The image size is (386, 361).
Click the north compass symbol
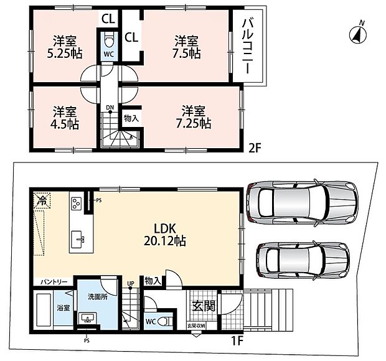358,34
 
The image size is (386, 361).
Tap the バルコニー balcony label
248,47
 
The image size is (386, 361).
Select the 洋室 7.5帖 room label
186,47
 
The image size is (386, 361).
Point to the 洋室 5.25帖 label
65,47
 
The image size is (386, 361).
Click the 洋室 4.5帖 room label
65,118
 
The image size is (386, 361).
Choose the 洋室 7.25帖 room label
194,118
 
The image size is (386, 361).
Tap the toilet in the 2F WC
108,41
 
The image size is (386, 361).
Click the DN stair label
110,107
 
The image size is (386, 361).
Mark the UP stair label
131,283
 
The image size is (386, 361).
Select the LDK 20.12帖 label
165,235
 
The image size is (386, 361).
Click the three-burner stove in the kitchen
76,204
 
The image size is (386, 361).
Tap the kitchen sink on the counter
78,240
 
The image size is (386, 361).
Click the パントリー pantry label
54,281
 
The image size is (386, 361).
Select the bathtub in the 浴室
44,310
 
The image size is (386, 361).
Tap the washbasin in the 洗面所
88,317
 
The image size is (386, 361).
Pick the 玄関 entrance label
204,306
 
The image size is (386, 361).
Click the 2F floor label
254,148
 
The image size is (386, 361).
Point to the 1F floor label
237,341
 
